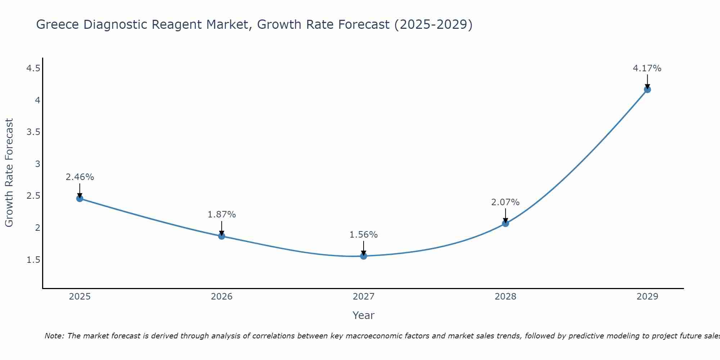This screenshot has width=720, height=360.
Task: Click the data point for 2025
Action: [x=80, y=198]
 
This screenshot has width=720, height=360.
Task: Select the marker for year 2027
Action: [x=364, y=256]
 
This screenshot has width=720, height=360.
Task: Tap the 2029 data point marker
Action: [x=647, y=89]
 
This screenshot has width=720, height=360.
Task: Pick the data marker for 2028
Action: [x=505, y=223]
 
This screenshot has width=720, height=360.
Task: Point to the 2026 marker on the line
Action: [x=222, y=236]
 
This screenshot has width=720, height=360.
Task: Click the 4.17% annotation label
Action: [x=647, y=68]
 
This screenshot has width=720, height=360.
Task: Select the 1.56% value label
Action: [x=364, y=235]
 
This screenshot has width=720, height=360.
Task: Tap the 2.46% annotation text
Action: [x=80, y=177]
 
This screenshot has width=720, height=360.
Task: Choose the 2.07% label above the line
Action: [x=505, y=202]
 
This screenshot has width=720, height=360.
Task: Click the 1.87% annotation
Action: [x=222, y=215]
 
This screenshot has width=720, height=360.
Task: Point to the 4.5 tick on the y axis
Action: [x=33, y=68]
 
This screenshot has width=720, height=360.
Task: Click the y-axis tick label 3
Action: [x=37, y=164]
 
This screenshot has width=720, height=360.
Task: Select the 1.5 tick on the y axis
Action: [x=33, y=260]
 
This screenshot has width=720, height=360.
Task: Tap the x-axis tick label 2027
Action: [x=364, y=297]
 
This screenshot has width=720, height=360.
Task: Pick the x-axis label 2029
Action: [x=647, y=297]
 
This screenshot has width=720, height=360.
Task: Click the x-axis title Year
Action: [x=364, y=315]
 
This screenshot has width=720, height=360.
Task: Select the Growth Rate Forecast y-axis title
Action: [x=9, y=173]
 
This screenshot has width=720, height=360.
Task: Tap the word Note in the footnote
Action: [x=54, y=336]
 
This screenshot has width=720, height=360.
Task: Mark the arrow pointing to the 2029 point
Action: [x=647, y=81]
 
